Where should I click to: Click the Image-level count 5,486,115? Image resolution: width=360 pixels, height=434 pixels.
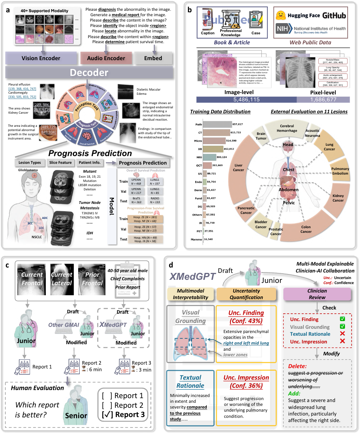[x=246, y=100]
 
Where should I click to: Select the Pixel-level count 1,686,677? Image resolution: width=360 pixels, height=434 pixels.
[x=323, y=100]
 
